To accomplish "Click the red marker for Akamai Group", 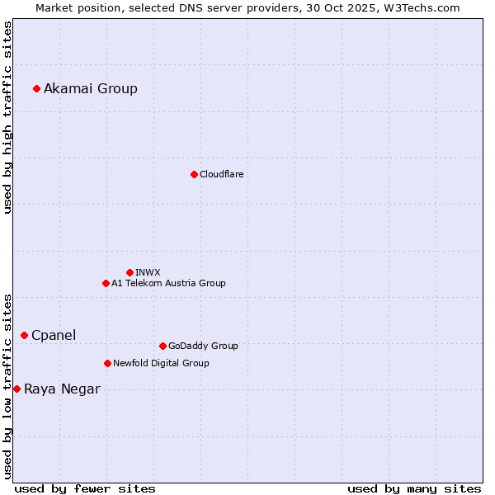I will [36, 88].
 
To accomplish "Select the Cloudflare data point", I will [194, 174].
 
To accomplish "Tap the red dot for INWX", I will [130, 272].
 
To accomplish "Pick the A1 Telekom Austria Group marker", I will [106, 283].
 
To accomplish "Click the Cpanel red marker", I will [24, 335].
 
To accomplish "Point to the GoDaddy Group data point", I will [163, 346].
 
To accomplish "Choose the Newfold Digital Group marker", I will [107, 363].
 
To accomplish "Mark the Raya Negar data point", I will [16, 389].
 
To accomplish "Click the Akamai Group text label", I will [91, 89].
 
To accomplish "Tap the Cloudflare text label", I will [222, 175].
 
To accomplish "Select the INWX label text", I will [148, 272].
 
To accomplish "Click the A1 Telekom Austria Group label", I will [168, 284].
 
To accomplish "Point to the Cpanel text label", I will [54, 336].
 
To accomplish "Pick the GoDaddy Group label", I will [203, 346].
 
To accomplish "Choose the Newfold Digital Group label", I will [161, 364].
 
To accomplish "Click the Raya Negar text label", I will [62, 389].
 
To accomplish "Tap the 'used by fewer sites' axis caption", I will [85, 489].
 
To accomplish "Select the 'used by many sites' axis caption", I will [414, 489].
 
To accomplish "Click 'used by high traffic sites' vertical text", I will [7, 117].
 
